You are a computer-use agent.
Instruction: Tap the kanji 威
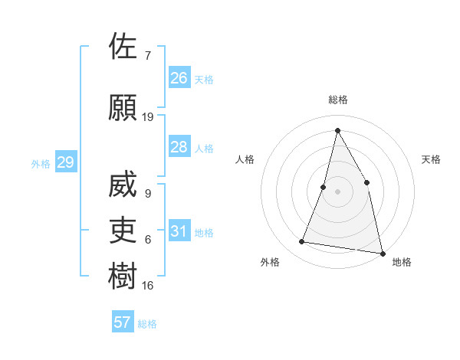coord(123,185)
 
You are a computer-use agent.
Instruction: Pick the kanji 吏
coord(123,231)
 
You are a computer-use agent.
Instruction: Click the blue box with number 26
coord(179,78)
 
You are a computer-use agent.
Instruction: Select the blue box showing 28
coord(179,147)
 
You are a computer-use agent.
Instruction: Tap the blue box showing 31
coord(179,231)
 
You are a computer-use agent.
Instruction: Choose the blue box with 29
coord(65,162)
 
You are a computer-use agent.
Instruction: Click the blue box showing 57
coord(123,322)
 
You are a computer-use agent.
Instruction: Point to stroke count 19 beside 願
coord(148,117)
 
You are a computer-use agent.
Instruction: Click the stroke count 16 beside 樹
coord(148,286)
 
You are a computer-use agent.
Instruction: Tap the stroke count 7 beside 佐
coord(147,56)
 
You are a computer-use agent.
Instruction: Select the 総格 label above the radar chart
coord(337,100)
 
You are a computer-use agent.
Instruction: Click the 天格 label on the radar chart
coord(431,159)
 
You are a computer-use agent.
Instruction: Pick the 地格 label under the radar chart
coord(402,262)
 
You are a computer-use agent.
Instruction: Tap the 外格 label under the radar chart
coord(270,262)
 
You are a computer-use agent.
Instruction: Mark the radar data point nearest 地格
coord(381,252)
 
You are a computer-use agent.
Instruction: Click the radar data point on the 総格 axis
coord(337,130)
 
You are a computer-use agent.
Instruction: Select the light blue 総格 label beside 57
coord(147,324)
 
